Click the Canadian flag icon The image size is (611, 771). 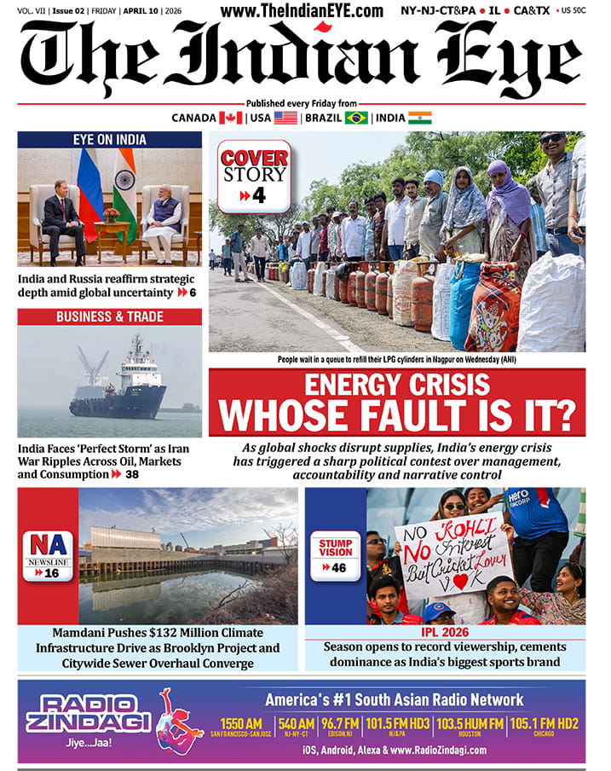click(230, 118)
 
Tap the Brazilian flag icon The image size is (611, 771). click(356, 118)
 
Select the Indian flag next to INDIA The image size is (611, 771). click(420, 118)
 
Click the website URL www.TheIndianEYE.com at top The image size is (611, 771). click(302, 11)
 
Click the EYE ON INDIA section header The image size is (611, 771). click(110, 140)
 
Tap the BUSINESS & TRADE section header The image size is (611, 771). click(110, 316)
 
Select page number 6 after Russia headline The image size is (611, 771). click(193, 293)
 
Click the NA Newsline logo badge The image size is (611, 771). click(48, 555)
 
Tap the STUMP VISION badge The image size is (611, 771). click(336, 555)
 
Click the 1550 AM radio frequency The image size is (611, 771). click(236, 724)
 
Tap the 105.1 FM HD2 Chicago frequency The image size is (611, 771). click(544, 724)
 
